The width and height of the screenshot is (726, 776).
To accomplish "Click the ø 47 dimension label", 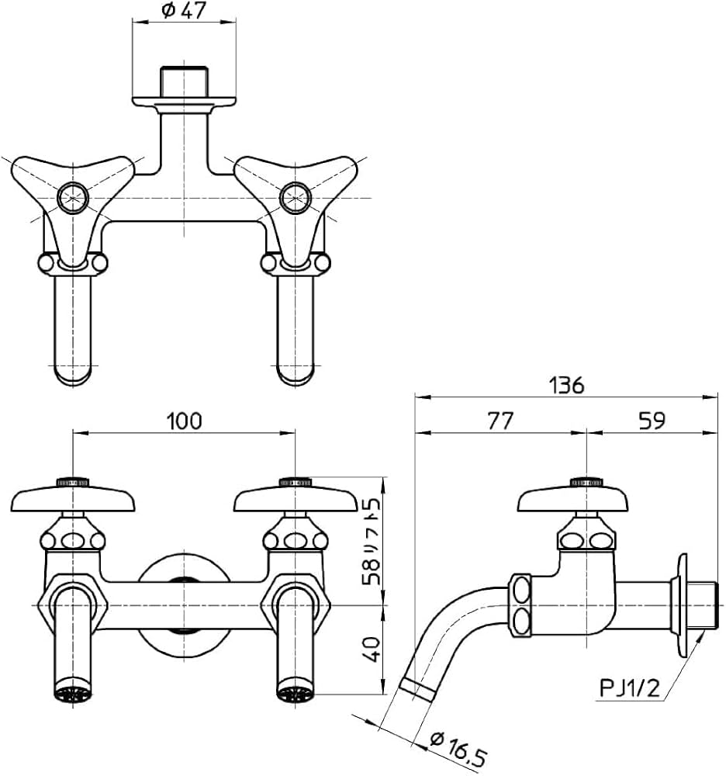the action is pyautogui.click(x=184, y=10).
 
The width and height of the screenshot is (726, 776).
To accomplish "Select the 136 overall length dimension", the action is pyautogui.click(x=567, y=385).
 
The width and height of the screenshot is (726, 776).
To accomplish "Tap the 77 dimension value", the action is pyautogui.click(x=500, y=421).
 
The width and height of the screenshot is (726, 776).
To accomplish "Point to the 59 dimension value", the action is pyautogui.click(x=652, y=421).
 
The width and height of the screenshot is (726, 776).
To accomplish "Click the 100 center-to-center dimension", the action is pyautogui.click(x=184, y=421).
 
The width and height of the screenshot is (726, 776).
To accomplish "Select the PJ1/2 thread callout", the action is pyautogui.click(x=630, y=688).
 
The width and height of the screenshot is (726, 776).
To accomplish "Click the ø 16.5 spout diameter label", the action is pyautogui.click(x=458, y=747).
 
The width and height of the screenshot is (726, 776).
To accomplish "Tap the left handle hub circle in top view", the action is pyautogui.click(x=73, y=197).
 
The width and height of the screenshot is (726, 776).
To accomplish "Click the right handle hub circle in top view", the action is pyautogui.click(x=296, y=197).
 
